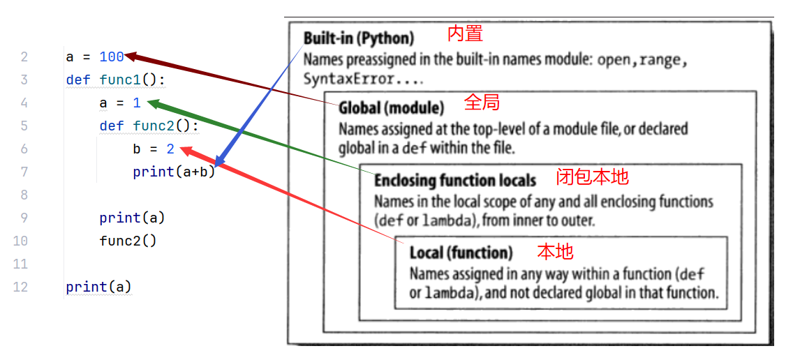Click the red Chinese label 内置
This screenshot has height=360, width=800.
[x=465, y=33]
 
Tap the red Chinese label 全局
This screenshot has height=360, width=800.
[x=482, y=103]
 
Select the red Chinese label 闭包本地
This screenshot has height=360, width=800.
[x=592, y=177]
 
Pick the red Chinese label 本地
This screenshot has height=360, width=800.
[x=555, y=250]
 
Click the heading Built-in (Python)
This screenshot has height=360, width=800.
[x=358, y=38]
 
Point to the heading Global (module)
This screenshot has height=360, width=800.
[x=391, y=108]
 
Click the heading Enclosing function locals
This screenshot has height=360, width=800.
[x=455, y=181]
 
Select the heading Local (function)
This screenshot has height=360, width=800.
[x=461, y=253]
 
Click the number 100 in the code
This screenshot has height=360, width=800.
[x=112, y=57]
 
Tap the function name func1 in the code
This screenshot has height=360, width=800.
[x=120, y=80]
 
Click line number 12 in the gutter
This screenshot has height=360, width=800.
[x=20, y=287]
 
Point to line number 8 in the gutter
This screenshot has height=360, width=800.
[x=24, y=195]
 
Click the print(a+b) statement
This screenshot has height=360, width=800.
[x=174, y=172]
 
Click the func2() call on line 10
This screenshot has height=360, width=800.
[x=128, y=241]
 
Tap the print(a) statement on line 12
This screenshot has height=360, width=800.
[x=98, y=287]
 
